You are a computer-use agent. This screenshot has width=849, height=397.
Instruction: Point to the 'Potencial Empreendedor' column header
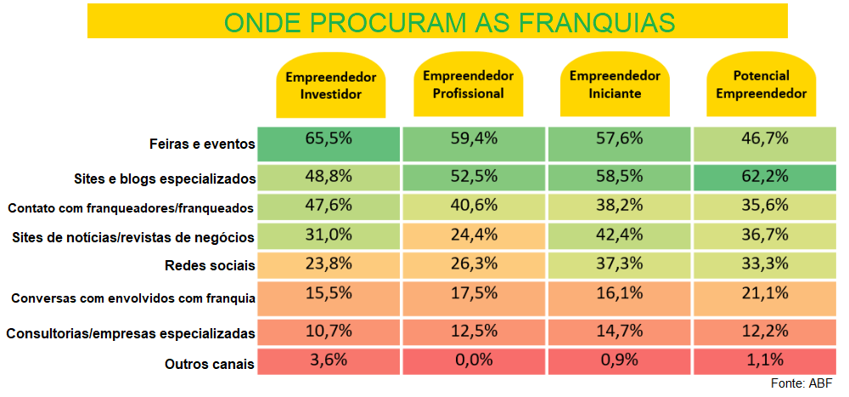click(x=761, y=85)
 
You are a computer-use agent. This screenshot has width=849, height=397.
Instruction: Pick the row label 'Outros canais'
click(x=210, y=364)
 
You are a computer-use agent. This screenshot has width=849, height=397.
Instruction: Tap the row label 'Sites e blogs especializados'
click(x=166, y=179)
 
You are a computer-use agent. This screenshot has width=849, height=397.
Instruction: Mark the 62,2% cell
click(x=764, y=178)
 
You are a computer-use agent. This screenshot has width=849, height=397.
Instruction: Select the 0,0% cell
click(x=473, y=360)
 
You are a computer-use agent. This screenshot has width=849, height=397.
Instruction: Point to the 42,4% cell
click(x=620, y=235)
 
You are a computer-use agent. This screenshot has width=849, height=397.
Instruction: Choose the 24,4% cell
click(x=473, y=235)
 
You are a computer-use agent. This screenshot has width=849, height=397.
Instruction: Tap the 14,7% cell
click(x=620, y=329)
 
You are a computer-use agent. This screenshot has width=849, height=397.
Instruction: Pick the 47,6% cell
click(x=329, y=205)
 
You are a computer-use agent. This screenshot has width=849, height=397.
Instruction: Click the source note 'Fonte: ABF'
click(x=801, y=384)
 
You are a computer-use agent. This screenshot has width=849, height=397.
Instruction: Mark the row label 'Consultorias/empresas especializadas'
click(x=131, y=332)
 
